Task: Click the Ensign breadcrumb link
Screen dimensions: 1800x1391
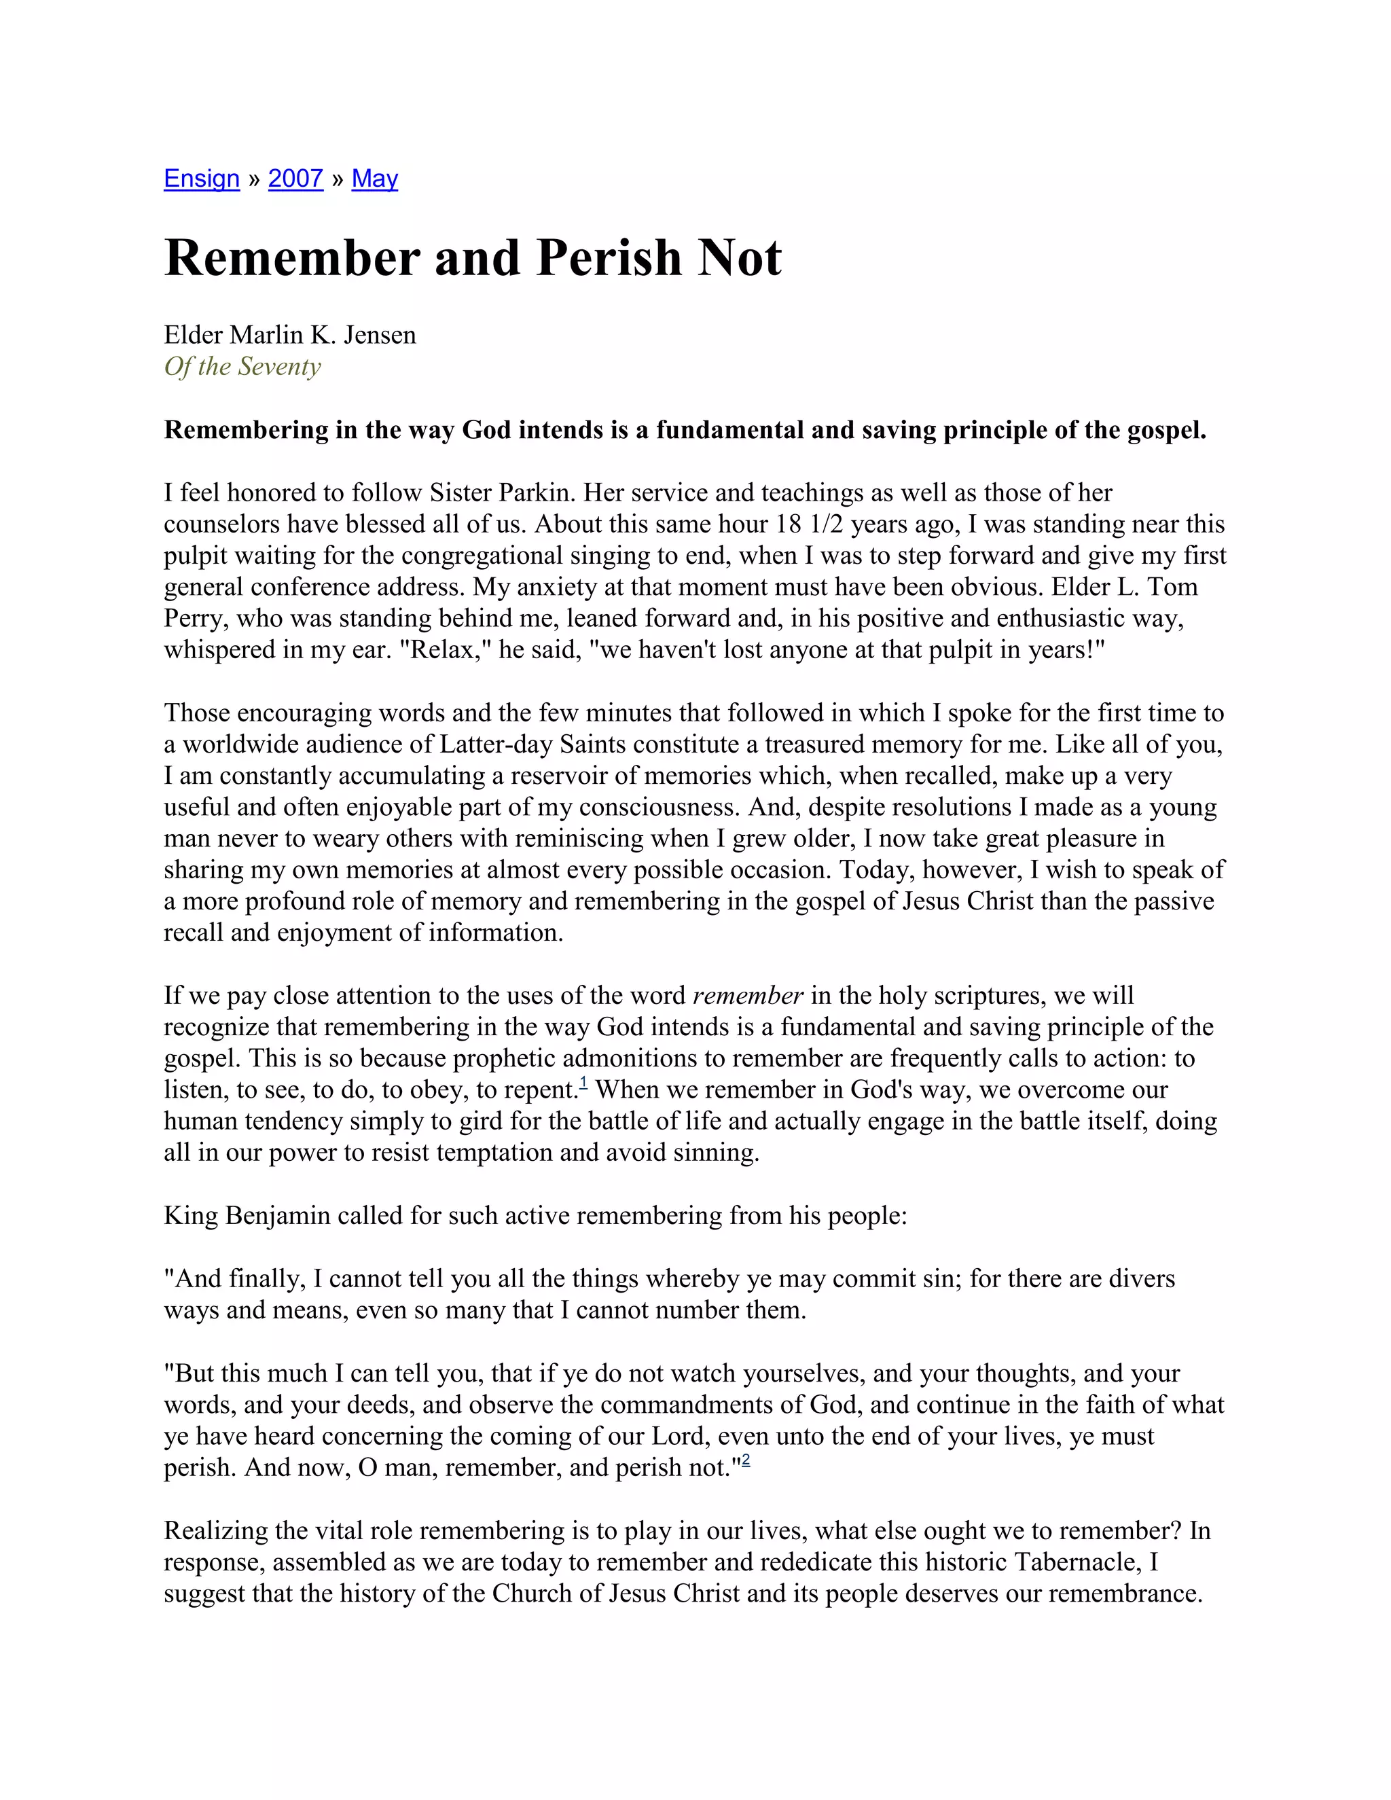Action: pos(201,179)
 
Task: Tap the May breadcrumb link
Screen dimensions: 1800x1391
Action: pos(374,179)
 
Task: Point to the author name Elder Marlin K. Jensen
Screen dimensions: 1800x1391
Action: pos(290,335)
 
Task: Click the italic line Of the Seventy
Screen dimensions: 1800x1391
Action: pos(242,367)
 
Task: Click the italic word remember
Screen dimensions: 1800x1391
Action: pos(747,996)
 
